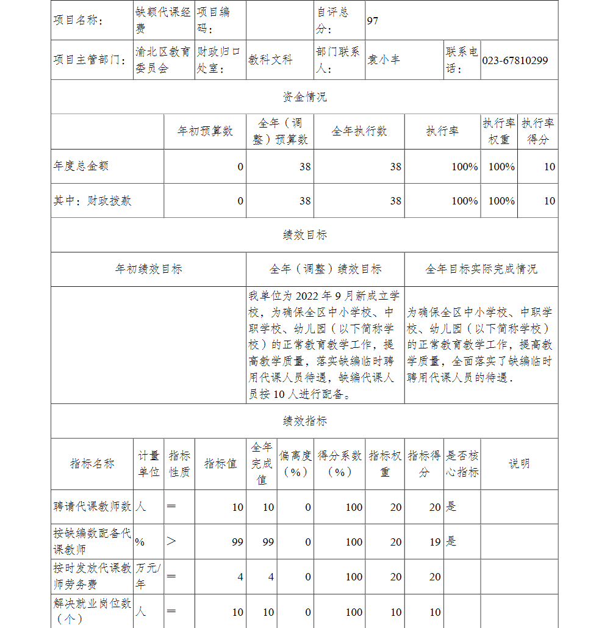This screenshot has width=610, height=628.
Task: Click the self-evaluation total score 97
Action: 373,21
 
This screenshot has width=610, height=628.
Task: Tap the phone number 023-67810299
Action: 515,60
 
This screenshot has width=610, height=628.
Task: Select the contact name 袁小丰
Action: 384,60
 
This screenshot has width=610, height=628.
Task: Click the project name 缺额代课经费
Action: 163,20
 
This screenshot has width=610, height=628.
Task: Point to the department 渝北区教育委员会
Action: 163,60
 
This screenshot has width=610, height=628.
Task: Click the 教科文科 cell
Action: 270,60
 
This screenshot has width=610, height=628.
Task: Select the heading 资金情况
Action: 304,97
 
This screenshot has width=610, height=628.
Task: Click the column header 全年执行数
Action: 359,131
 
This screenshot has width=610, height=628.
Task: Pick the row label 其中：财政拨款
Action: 92,201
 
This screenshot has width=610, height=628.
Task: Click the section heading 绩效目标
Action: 304,235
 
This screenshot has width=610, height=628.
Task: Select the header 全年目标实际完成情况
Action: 481,269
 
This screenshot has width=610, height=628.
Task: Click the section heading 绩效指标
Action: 304,421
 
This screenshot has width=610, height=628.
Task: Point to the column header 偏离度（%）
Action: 296,464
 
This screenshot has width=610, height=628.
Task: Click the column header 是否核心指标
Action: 462,464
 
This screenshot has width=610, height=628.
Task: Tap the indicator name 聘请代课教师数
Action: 92,507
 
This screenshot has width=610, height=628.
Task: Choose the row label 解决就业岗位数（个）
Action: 92,612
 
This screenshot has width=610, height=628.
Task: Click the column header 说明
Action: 519,464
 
